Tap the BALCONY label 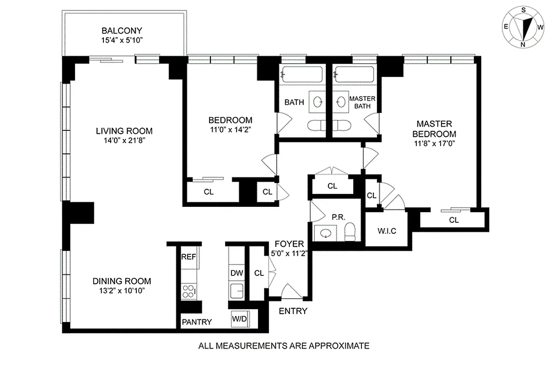(122, 31)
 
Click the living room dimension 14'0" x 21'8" (124, 141)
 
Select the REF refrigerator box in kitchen (189, 257)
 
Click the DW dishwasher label (237, 273)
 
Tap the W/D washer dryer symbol (238, 319)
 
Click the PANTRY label (197, 322)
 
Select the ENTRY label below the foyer (293, 312)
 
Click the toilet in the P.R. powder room (350, 231)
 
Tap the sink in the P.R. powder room (326, 234)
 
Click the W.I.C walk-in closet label (386, 231)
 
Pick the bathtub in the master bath (354, 74)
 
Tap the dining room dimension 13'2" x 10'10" (122, 291)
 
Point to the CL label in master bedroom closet (453, 220)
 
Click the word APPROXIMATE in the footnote (330, 346)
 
